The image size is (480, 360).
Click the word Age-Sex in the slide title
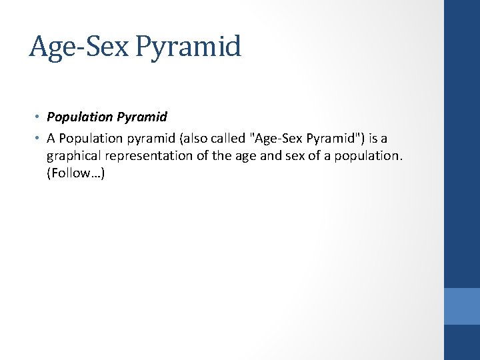pos(79,47)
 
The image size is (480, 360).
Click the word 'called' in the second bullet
pos(217,137)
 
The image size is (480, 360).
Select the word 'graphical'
pos(71,156)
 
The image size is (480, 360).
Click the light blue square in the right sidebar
pos(462,305)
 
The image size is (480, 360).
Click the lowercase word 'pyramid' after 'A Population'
pos(137,137)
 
